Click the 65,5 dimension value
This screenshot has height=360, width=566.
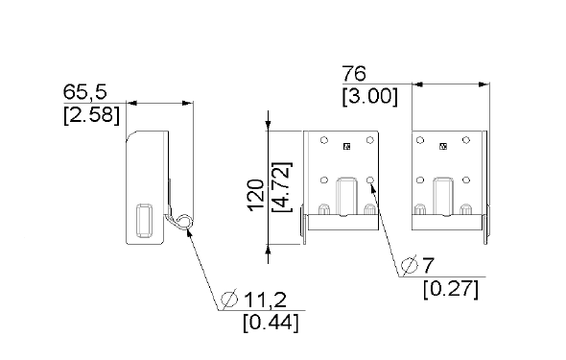click(85, 92)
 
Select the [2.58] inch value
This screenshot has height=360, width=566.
click(91, 115)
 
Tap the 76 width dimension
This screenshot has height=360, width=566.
click(354, 73)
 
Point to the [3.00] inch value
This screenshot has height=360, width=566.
click(370, 96)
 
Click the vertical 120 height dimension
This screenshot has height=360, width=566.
click(255, 194)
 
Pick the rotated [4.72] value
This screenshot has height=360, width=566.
click(282, 187)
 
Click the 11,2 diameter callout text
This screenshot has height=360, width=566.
click(266, 300)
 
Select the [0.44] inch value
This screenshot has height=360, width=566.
click(271, 323)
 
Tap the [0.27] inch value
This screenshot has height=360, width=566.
click(451, 289)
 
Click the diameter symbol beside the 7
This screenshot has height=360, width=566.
click(410, 265)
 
